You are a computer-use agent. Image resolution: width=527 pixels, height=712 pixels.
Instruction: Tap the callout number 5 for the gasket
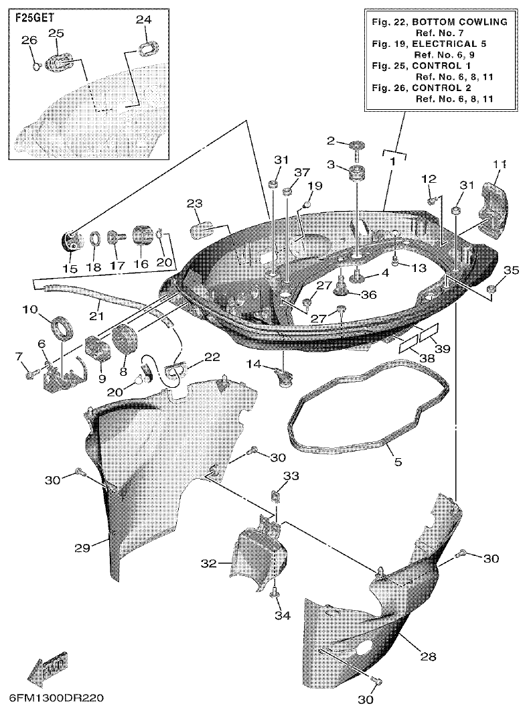(x=397, y=462)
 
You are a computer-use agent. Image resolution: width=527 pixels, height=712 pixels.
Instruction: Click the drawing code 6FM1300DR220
(x=57, y=698)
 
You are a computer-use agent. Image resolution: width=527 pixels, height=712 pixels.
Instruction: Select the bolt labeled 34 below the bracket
(x=275, y=593)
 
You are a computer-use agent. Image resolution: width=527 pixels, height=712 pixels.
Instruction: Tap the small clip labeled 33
(x=275, y=496)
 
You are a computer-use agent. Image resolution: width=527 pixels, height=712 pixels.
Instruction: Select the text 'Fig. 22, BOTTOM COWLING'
(x=438, y=22)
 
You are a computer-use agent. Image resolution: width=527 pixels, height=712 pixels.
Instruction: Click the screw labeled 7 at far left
(x=30, y=374)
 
